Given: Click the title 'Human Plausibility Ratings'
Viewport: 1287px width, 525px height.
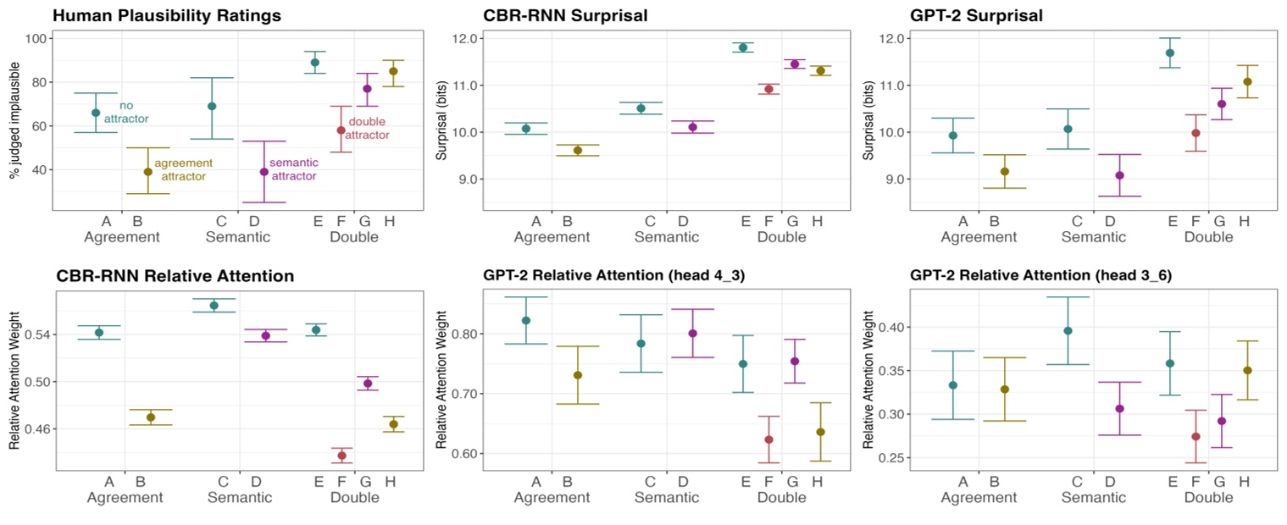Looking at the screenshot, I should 167,15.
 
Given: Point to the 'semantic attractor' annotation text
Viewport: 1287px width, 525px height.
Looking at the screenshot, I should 293,169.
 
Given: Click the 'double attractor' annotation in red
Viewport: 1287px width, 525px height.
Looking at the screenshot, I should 369,129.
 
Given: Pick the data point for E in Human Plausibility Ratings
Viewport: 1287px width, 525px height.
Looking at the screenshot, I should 314,62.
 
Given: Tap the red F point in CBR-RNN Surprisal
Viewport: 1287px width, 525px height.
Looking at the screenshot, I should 769,89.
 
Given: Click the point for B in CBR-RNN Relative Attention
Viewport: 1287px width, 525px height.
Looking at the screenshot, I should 151,417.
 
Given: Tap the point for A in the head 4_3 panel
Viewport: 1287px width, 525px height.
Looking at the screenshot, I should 525,320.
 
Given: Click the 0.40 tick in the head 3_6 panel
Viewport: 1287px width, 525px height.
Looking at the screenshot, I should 879,328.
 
